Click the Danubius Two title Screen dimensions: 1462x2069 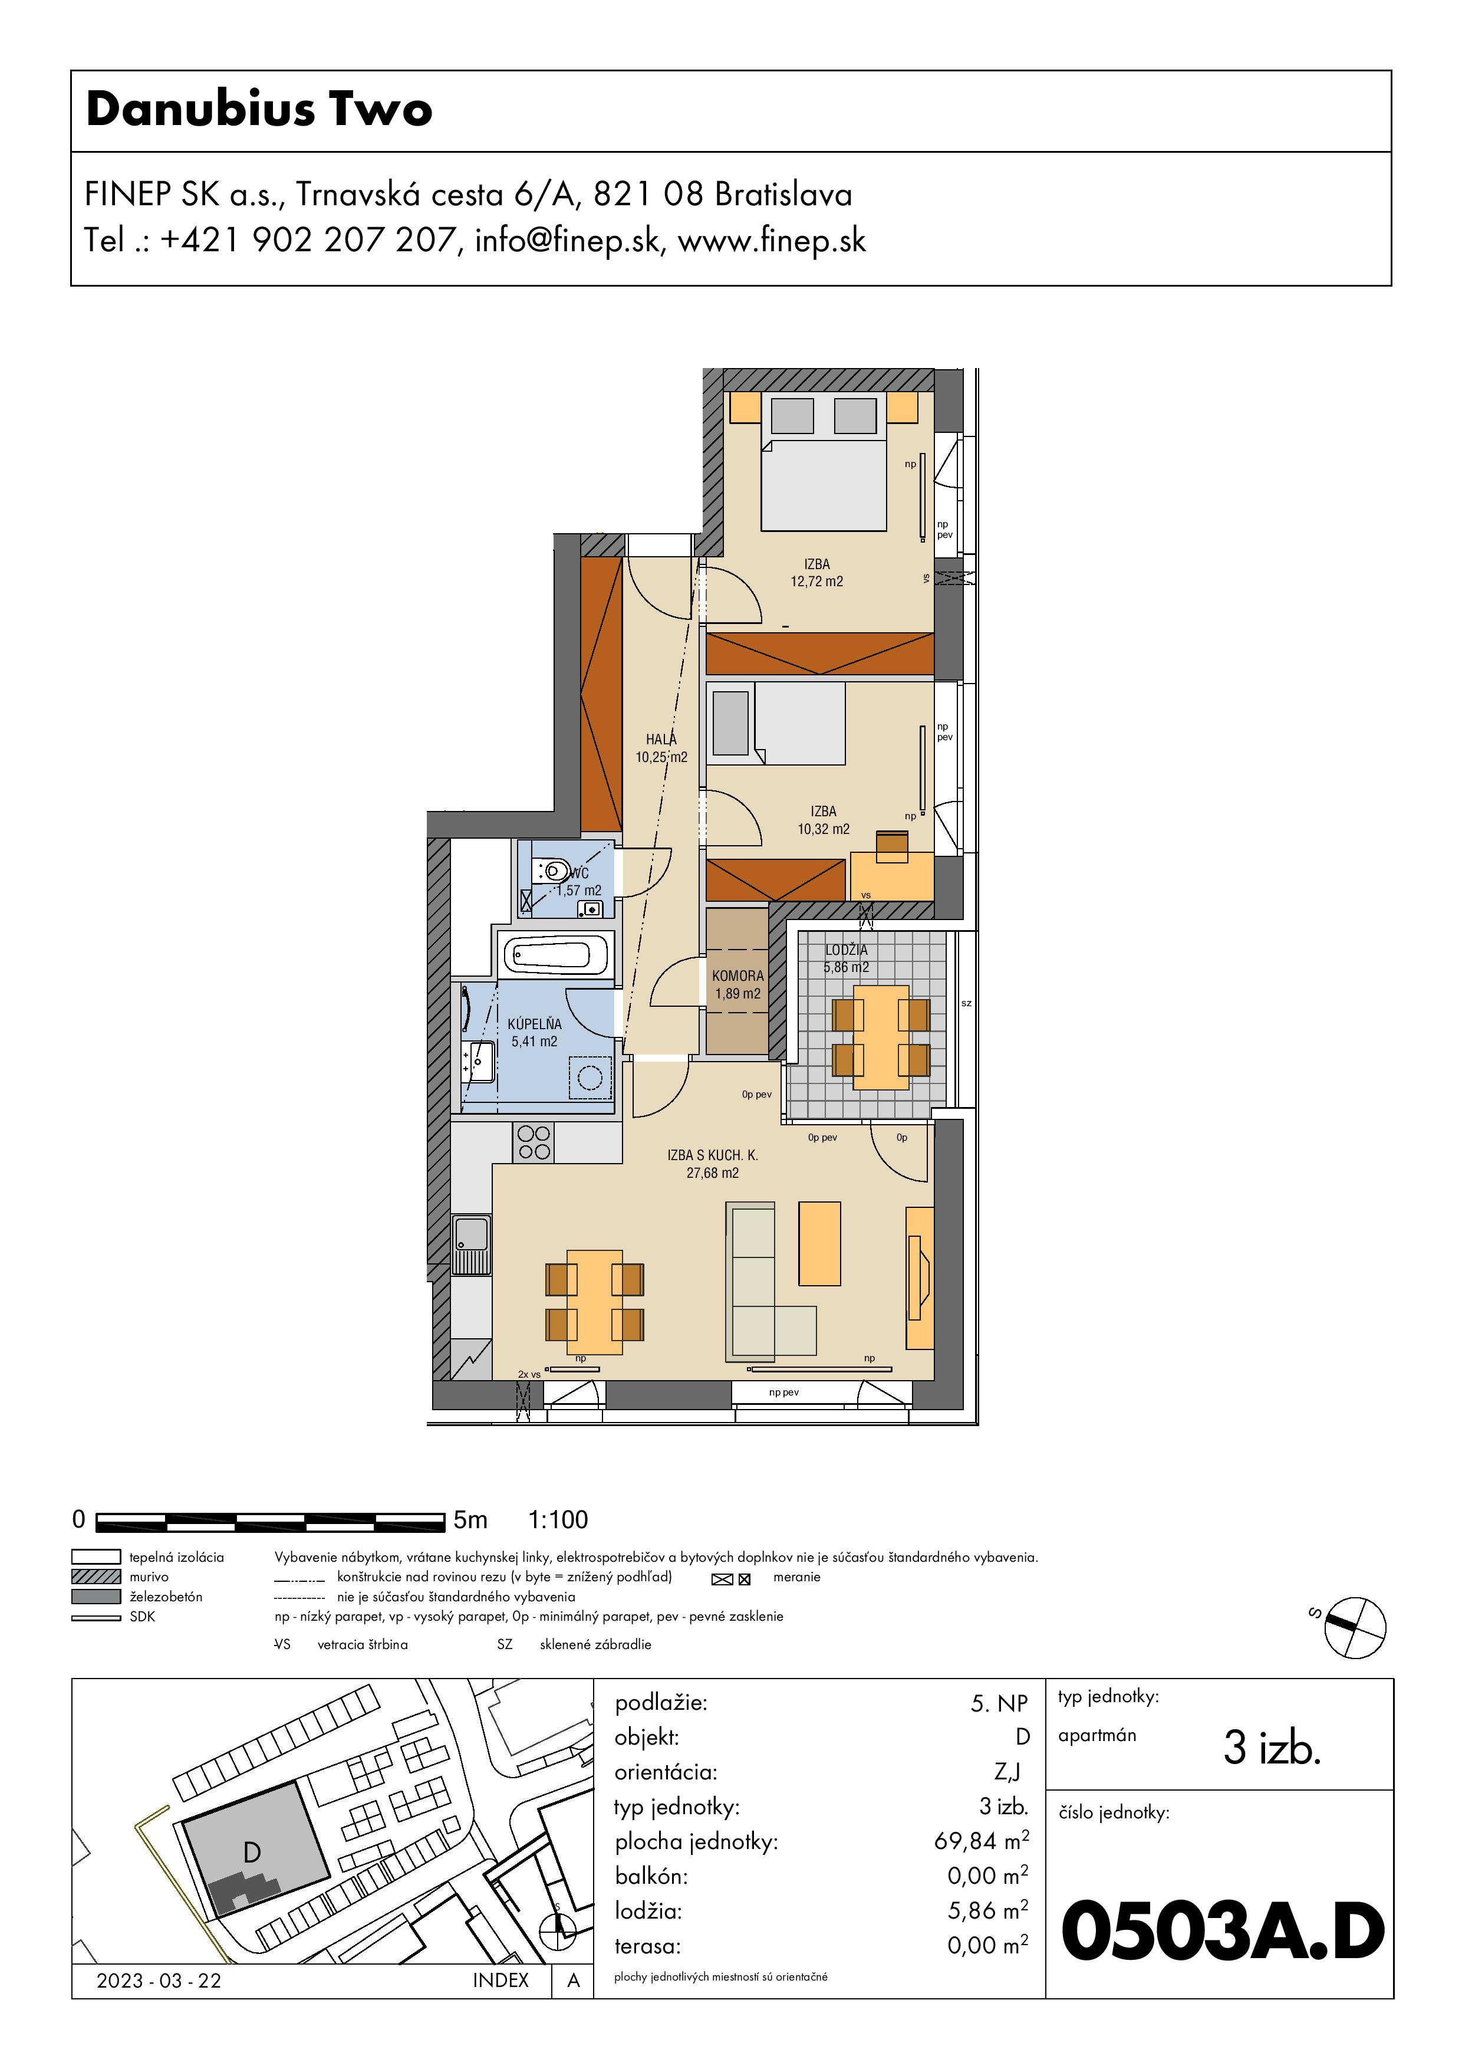pyautogui.click(x=259, y=110)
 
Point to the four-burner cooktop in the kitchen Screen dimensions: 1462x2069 pyautogui.click(x=534, y=1142)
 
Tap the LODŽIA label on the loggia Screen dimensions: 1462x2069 pyautogui.click(x=847, y=950)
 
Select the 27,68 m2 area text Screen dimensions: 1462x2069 pyautogui.click(x=713, y=1173)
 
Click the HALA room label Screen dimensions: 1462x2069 pyautogui.click(x=661, y=739)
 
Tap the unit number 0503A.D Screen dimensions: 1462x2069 pyautogui.click(x=1223, y=1931)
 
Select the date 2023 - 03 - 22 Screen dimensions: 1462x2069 pyautogui.click(x=159, y=1980)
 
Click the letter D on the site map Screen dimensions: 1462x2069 pyautogui.click(x=252, y=1852)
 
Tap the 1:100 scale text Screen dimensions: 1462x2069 pyautogui.click(x=558, y=1519)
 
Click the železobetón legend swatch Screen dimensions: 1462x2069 pyautogui.click(x=96, y=1596)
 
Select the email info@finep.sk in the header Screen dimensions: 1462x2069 pyautogui.click(x=567, y=241)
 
